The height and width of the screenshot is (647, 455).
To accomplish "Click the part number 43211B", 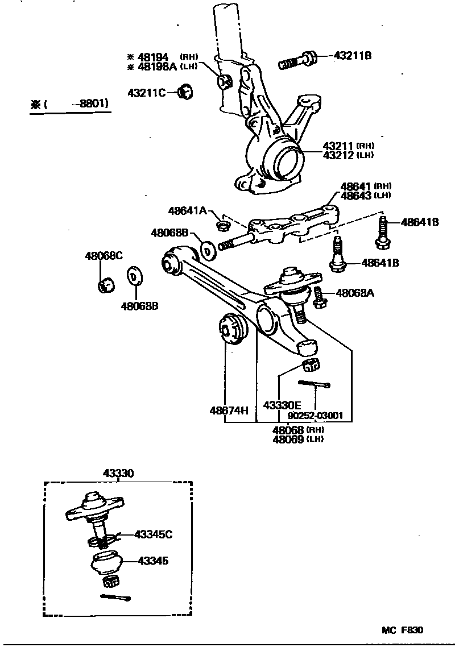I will point(352,56).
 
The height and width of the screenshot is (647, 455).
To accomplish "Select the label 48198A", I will point(155,67).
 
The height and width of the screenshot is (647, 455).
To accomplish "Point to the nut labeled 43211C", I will point(185,91).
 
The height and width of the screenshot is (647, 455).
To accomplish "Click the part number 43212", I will point(340,155).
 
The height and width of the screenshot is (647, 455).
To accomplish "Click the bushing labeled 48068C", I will point(106,283).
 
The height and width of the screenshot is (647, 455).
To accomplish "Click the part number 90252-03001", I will point(315,416).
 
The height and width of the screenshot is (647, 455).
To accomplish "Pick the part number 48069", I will point(288,439).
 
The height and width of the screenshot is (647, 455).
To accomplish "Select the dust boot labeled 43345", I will point(106,562).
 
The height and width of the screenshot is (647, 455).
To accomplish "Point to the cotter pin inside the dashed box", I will point(115,596).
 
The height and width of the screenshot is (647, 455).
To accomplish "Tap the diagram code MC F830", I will point(402,630).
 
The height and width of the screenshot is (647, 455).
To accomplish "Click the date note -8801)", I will point(93,104).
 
